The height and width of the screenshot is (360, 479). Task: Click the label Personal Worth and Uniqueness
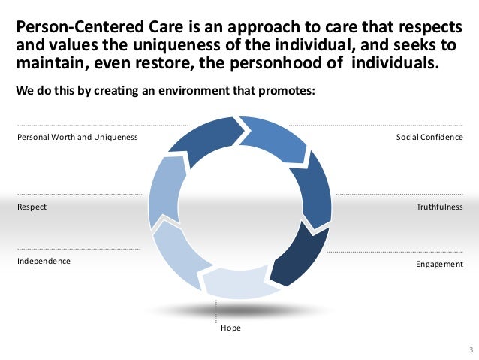click(x=77, y=137)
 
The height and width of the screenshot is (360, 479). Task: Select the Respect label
click(x=31, y=206)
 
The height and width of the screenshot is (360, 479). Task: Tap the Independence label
click(x=44, y=261)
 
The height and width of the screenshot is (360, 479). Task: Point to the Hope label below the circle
click(x=230, y=328)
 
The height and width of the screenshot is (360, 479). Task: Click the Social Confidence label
click(x=429, y=137)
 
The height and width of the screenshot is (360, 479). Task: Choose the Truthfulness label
click(x=440, y=206)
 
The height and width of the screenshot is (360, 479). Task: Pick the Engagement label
click(x=439, y=265)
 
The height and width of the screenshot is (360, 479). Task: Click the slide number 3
click(x=470, y=349)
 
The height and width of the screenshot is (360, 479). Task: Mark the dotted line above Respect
click(x=78, y=194)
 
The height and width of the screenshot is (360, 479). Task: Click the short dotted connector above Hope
click(x=216, y=310)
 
